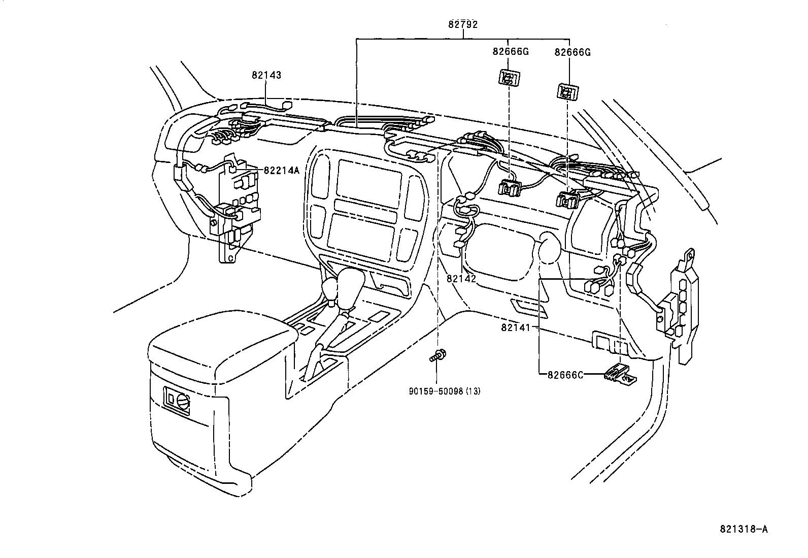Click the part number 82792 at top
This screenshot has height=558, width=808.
[x=462, y=23]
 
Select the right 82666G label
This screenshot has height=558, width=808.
[x=573, y=52]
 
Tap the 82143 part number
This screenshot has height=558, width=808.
[x=266, y=75]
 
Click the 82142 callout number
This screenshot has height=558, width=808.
[x=461, y=279]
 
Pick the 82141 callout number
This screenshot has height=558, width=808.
[x=515, y=327]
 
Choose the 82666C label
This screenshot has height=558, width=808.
[x=565, y=375]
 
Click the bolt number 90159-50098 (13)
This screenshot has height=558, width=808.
[x=444, y=391]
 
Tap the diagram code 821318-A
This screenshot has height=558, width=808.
[x=744, y=529]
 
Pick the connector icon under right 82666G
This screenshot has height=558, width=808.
[x=567, y=92]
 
